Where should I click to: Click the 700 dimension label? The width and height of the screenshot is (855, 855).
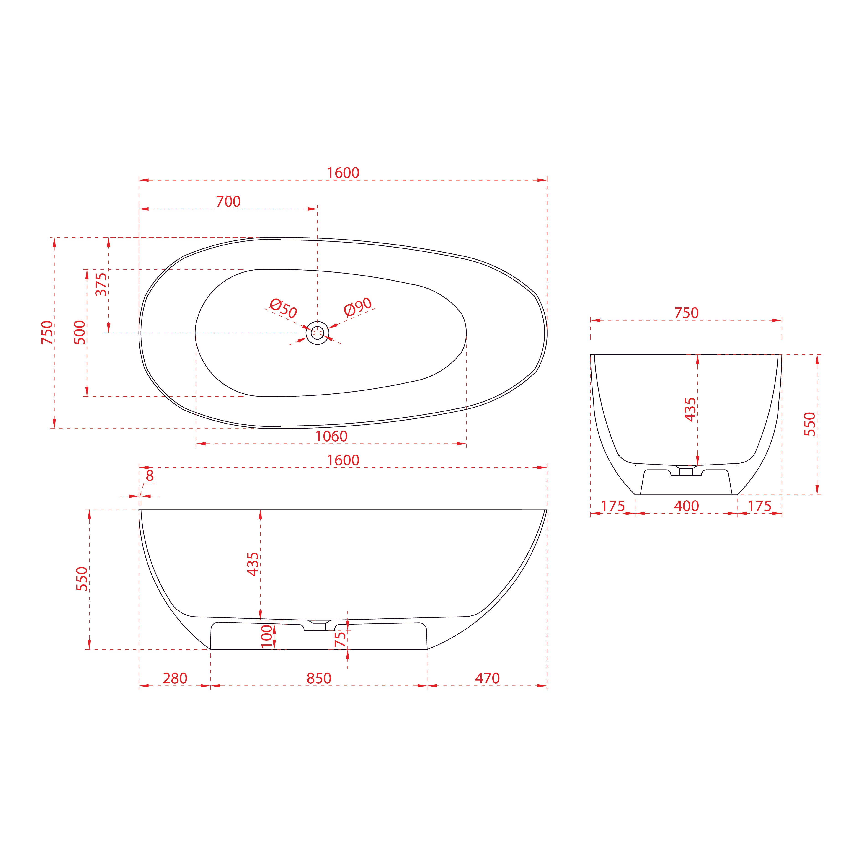[x=228, y=202]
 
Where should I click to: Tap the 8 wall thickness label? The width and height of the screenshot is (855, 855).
[x=150, y=476]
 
